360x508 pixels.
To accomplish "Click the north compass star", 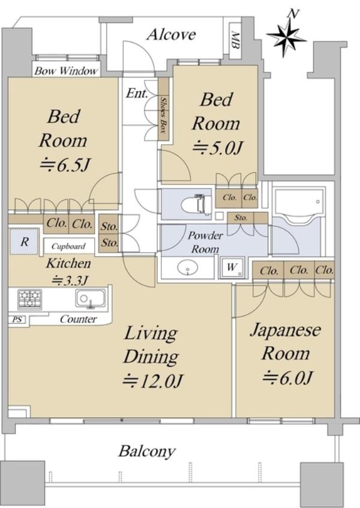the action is [287, 36].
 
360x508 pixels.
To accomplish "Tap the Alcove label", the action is [171, 34].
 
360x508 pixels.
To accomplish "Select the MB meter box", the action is [235, 40].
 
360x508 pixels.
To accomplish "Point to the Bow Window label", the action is [66, 71].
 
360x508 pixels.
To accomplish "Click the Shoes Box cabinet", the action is [163, 109].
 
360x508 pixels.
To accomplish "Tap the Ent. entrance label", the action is [137, 94].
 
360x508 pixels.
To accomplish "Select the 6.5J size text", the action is [64, 165].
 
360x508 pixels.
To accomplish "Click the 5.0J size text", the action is [218, 148].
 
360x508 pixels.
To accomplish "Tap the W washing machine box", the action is [232, 268].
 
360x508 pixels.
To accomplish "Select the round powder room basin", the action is [187, 268].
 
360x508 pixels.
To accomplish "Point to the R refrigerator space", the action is [25, 241].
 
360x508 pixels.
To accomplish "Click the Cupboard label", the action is [68, 247].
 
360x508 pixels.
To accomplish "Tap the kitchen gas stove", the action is [30, 298].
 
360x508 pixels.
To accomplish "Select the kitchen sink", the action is [91, 298].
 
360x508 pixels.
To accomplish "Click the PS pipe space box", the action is [17, 320].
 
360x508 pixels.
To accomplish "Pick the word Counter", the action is [79, 319].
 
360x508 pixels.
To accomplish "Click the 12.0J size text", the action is [153, 381].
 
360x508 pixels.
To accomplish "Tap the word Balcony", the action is [147, 451].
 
